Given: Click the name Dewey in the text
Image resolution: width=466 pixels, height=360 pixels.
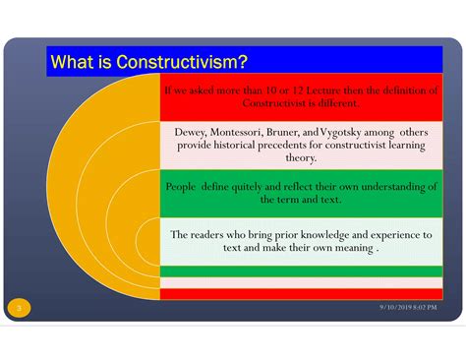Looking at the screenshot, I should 192,131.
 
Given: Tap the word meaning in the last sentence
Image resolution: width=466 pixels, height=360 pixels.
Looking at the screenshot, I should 350,248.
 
